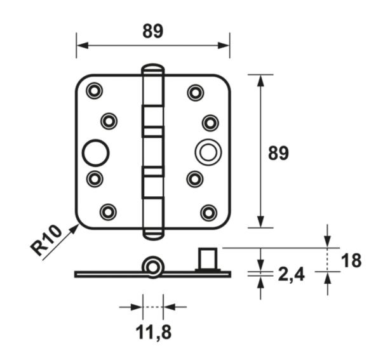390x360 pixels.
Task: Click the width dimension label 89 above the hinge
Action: pyautogui.click(x=153, y=31)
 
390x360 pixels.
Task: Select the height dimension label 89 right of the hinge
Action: pyautogui.click(x=278, y=153)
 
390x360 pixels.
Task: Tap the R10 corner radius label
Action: pyautogui.click(x=46, y=240)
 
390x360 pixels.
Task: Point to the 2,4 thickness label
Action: pyautogui.click(x=291, y=274)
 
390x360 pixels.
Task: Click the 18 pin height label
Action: pyautogui.click(x=351, y=260)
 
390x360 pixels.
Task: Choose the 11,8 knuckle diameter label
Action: pyautogui.click(x=154, y=333)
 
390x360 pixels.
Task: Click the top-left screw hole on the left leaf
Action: pyautogui.click(x=94, y=91)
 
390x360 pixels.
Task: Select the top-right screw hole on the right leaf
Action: pyautogui.click(x=196, y=93)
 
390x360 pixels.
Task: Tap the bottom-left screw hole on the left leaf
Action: pyautogui.click(x=108, y=212)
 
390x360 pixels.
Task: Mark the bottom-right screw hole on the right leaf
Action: pyautogui.click(x=209, y=213)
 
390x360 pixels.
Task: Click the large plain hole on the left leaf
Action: pyautogui.click(x=95, y=153)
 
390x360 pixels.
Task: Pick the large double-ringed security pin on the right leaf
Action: pyautogui.click(x=208, y=152)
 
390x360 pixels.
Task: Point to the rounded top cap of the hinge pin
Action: pyautogui.click(x=153, y=69)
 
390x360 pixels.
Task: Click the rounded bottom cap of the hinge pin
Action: pyautogui.click(x=153, y=234)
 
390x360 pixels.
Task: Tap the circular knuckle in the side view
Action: pyautogui.click(x=152, y=267)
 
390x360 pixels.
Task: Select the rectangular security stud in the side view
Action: pyautogui.click(x=208, y=258)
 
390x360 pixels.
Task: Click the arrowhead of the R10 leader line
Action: pyautogui.click(x=74, y=229)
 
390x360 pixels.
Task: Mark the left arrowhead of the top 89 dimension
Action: pyautogui.click(x=83, y=46)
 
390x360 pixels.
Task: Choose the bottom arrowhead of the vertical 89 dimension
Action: pyautogui.click(x=260, y=222)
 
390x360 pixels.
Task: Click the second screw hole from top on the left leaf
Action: pyautogui.click(x=109, y=121)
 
